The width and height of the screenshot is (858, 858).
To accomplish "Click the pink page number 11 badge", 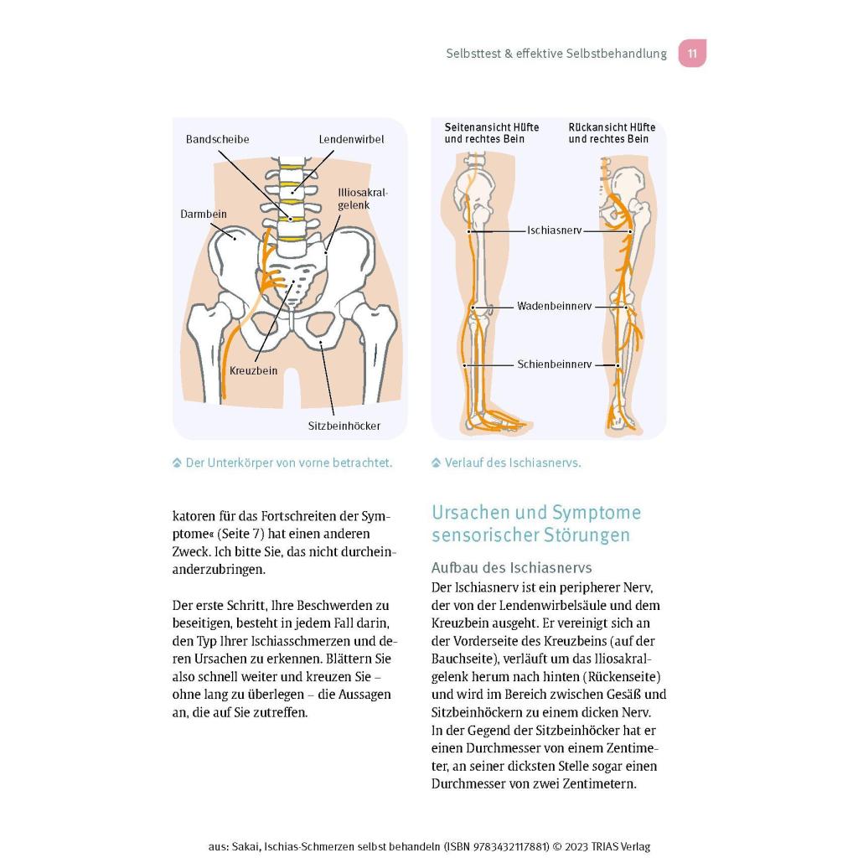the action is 692,53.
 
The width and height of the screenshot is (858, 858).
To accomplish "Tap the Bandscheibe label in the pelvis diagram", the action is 217,139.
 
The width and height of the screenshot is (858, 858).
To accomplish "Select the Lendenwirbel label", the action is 351,139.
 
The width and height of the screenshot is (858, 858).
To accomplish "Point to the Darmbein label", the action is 203,214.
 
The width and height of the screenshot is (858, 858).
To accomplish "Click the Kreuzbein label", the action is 253,370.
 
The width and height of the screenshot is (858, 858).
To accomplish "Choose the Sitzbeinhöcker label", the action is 344,426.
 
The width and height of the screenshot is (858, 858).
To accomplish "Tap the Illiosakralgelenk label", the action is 362,199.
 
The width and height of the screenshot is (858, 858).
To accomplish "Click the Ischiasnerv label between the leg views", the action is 555,230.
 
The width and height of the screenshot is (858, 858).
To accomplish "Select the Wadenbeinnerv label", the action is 555,306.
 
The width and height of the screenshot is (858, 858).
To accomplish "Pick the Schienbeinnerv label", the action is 555,364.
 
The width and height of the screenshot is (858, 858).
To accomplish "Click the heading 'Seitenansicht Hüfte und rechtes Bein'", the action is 491,133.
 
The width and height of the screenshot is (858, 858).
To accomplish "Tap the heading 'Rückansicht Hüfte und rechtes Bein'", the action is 612,133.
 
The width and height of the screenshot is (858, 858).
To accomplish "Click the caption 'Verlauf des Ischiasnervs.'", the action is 513,463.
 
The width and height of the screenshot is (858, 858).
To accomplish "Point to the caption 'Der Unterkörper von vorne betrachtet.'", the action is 289,463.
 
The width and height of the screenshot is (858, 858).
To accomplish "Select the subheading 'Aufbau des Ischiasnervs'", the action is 512,567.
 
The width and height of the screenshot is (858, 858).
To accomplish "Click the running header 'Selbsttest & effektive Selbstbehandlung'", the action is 556,53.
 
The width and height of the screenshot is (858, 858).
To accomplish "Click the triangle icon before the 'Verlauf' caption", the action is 436,463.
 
